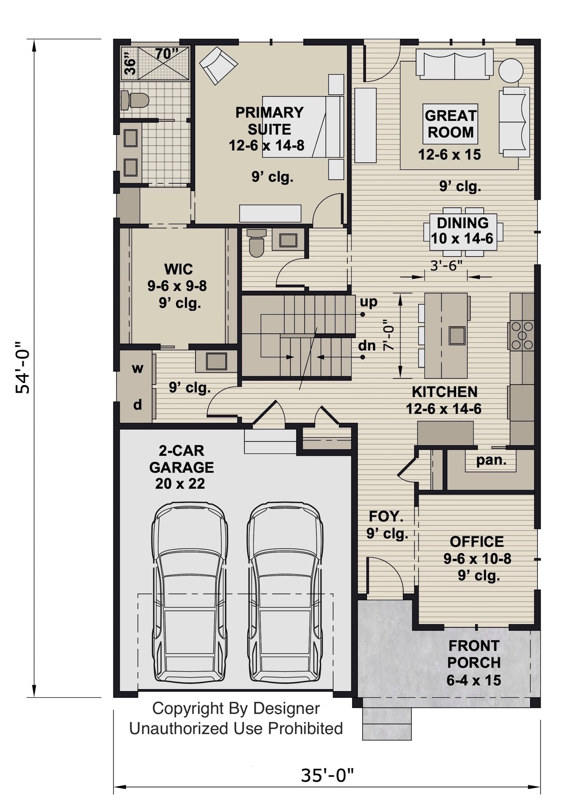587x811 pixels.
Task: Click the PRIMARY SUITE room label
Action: (269, 121)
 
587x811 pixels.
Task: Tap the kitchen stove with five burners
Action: (521, 335)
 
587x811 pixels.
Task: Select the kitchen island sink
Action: (457, 335)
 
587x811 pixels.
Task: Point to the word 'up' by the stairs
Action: (368, 302)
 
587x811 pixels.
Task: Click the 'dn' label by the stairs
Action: (367, 345)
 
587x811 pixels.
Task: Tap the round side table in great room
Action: (510, 70)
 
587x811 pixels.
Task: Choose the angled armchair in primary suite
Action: (218, 65)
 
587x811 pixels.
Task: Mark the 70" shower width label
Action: (167, 54)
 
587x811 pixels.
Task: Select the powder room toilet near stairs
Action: (256, 243)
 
